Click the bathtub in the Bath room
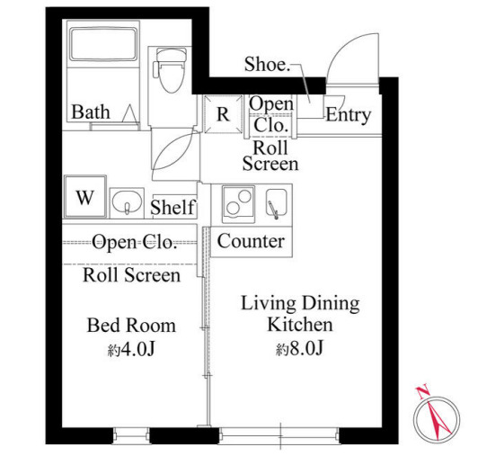(x=103, y=44)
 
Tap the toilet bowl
(x=172, y=70)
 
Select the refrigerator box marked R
(x=223, y=113)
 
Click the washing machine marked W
(x=85, y=196)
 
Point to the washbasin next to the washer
(x=128, y=202)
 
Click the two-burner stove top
(x=238, y=202)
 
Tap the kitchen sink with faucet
(x=276, y=202)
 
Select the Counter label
(x=251, y=241)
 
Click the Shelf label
(x=172, y=207)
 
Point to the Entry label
(x=349, y=115)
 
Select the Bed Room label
(x=131, y=326)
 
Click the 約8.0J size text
(x=299, y=348)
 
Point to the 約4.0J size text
(x=131, y=349)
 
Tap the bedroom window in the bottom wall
(x=131, y=436)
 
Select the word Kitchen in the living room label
(x=300, y=325)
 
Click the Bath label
(x=91, y=112)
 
